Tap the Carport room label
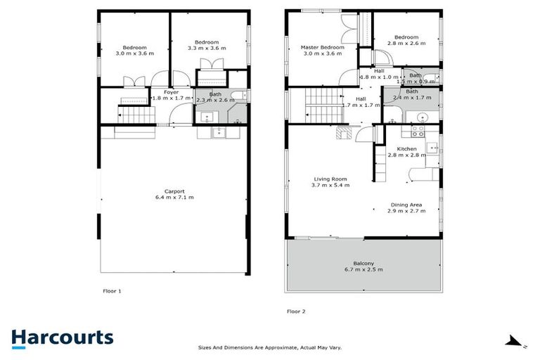[174, 191]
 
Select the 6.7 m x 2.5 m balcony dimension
[364, 270]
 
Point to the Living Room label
[330, 179]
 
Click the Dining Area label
[408, 205]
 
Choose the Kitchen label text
[407, 149]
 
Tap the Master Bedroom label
[321, 47]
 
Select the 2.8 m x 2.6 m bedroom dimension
[406, 44]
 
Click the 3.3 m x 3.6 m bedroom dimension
[207, 49]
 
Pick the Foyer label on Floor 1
[171, 92]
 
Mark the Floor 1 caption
[112, 290]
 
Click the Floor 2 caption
[296, 310]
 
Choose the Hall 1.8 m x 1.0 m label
[379, 74]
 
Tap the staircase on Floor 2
[320, 105]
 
